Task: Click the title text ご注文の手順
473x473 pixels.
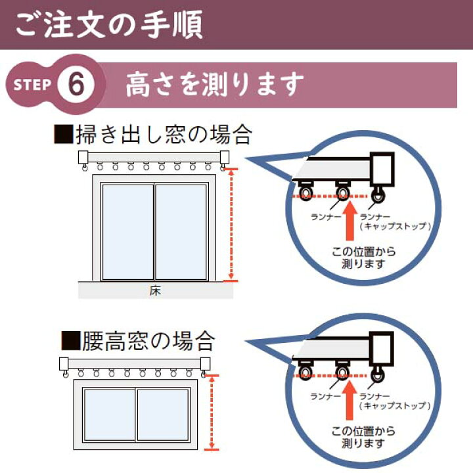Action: (108, 24)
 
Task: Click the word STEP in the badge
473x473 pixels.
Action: (32, 85)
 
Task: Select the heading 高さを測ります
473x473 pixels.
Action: (215, 84)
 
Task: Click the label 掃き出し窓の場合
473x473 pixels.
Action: (153, 134)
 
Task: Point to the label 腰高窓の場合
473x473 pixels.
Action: (139, 341)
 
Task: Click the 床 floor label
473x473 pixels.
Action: (155, 290)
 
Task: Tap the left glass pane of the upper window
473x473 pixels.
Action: (128, 232)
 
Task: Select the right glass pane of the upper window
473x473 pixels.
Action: (181, 232)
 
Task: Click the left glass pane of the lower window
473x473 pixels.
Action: (110, 415)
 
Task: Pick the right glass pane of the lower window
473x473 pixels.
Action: (163, 415)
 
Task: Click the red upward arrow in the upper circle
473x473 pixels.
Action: (349, 221)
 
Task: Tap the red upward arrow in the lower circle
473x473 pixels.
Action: (349, 400)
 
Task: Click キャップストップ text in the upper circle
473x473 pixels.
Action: (395, 226)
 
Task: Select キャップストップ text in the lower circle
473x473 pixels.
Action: (395, 405)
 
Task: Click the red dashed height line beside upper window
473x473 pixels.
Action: (231, 225)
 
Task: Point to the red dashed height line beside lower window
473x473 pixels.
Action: (212, 413)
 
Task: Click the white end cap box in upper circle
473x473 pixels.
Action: (382, 169)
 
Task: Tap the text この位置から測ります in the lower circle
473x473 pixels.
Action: (363, 437)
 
